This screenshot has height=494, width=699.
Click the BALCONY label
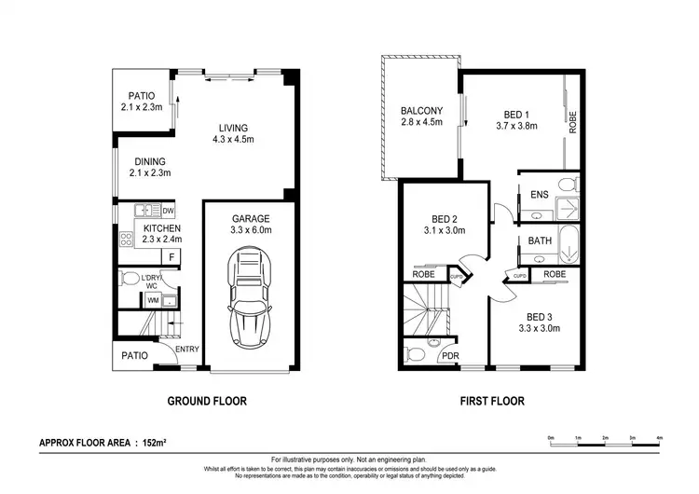[x=421, y=111]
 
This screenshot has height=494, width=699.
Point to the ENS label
[x=539, y=195]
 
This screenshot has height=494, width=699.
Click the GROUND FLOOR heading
[x=206, y=402]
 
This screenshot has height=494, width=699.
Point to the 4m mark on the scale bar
[x=659, y=437]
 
